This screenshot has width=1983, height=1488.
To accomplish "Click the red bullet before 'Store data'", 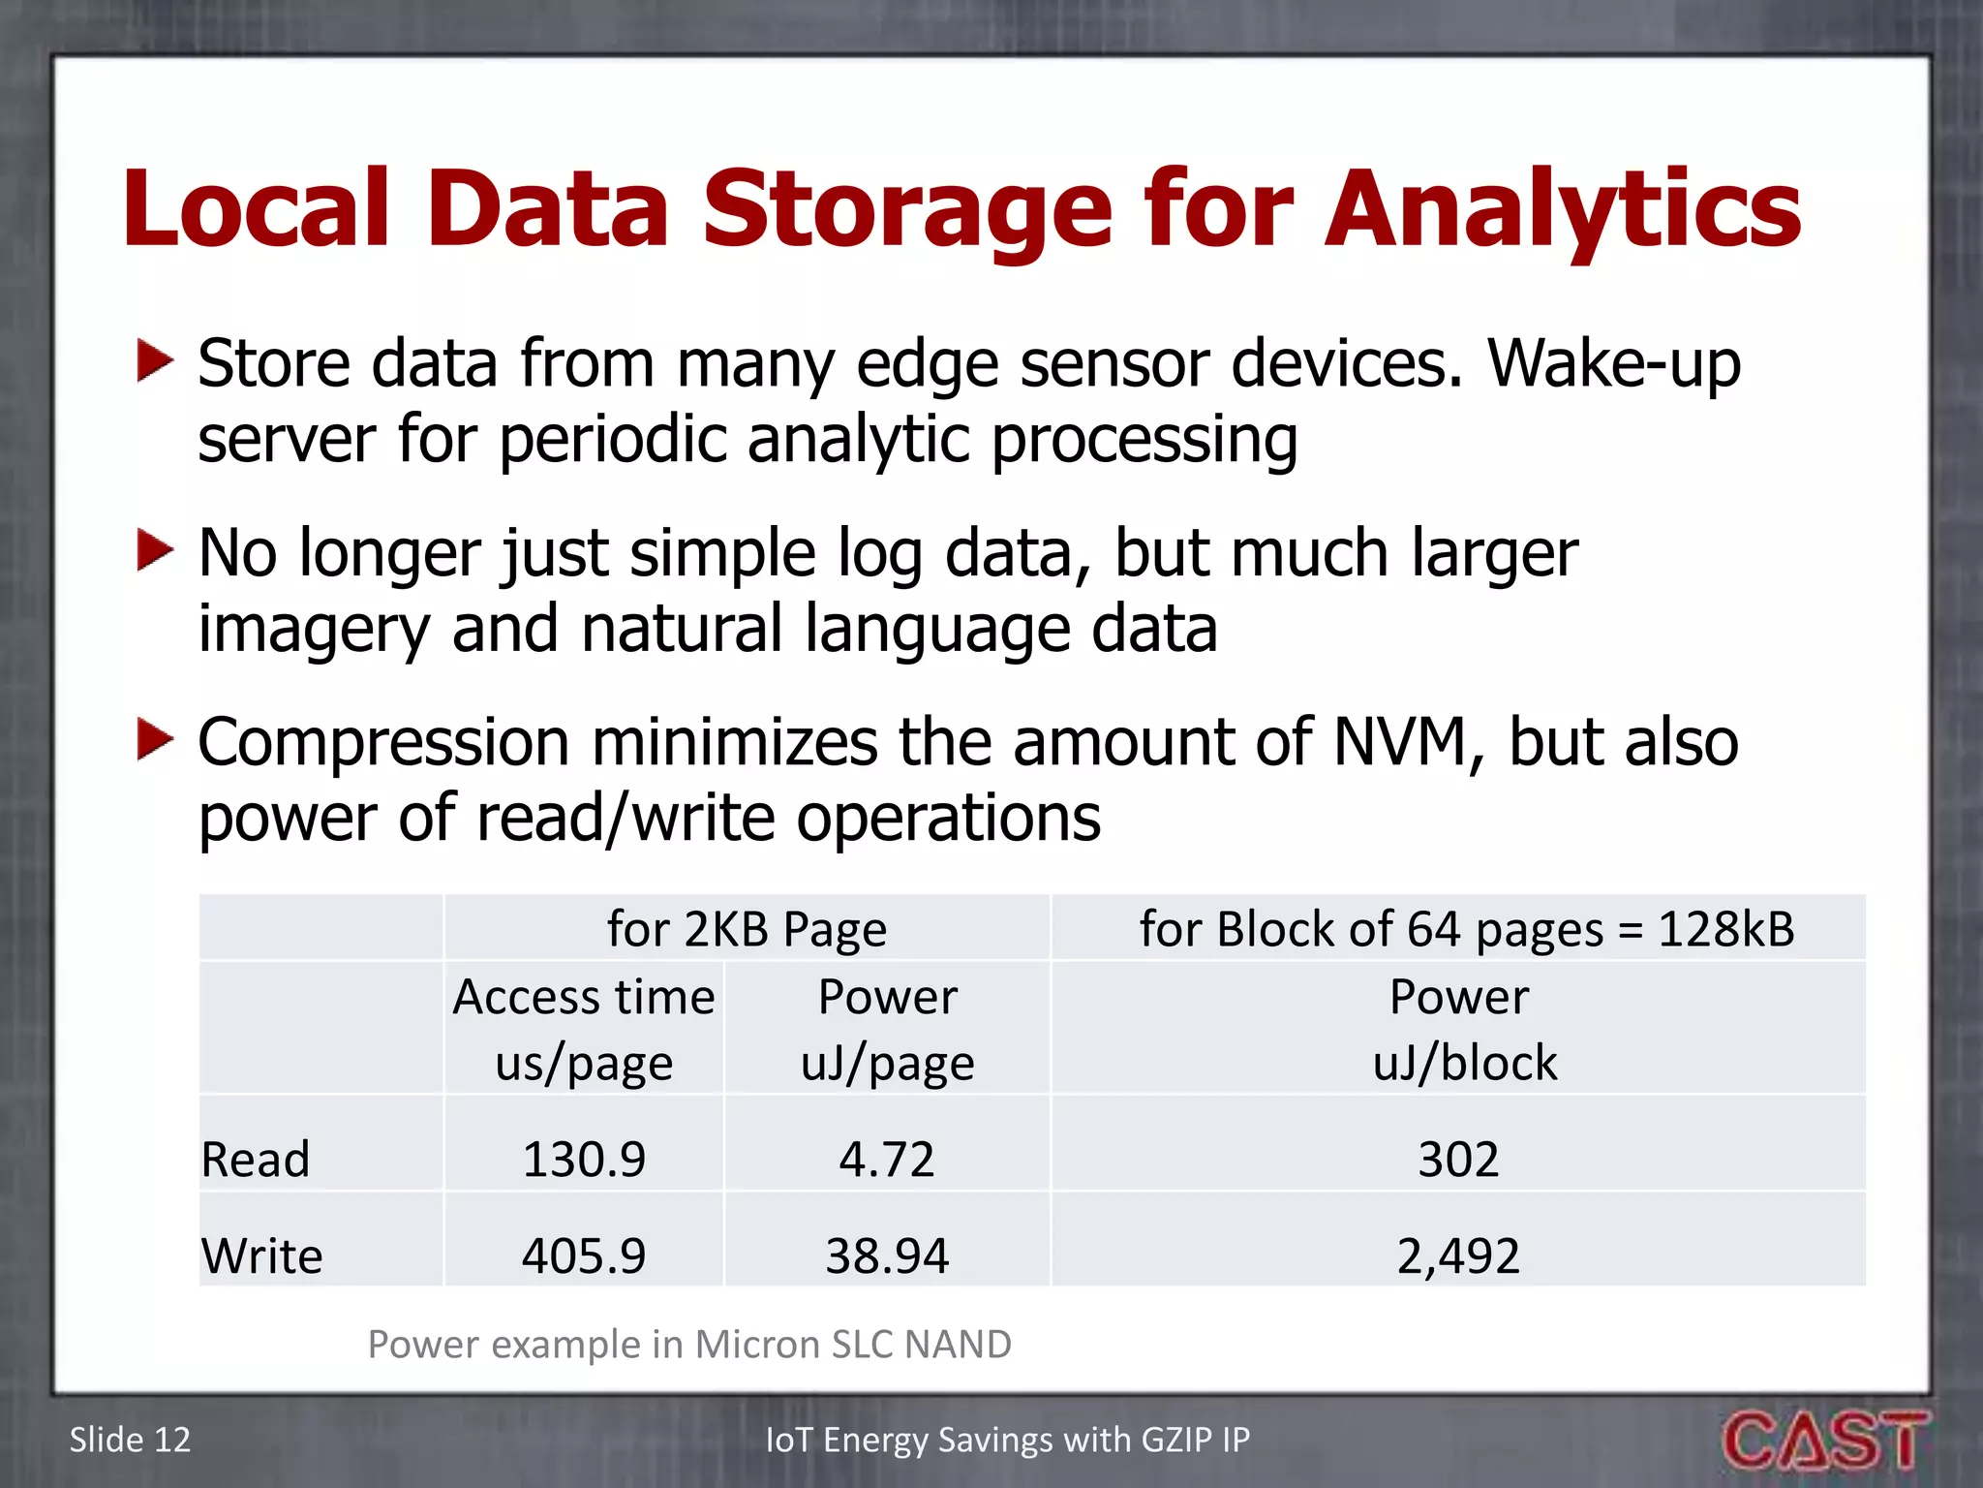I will point(155,360).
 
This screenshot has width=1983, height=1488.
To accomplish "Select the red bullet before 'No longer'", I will point(155,550).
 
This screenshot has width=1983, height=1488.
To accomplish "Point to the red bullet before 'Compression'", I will point(155,739).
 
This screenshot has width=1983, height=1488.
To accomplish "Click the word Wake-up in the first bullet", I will point(1614,364).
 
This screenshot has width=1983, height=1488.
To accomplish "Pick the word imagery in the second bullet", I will point(314,630).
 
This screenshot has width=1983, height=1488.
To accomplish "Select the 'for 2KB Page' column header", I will point(747,929).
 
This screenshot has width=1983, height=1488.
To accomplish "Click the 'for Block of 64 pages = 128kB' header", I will point(1466,929).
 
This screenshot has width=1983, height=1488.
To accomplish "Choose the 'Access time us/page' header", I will point(584,1029).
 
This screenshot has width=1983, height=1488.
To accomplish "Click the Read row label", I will point(256,1159).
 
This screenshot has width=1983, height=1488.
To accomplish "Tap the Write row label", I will point(261,1255).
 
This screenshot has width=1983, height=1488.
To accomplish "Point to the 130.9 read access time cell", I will point(584,1159).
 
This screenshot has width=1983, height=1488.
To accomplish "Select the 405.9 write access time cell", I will point(584,1255).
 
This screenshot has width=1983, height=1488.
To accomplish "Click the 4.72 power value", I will point(887,1159).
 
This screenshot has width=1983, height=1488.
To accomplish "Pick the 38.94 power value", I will point(887,1255).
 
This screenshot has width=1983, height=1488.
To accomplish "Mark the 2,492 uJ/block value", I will point(1458,1255).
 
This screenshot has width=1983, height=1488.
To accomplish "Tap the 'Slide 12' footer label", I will point(130,1440).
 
